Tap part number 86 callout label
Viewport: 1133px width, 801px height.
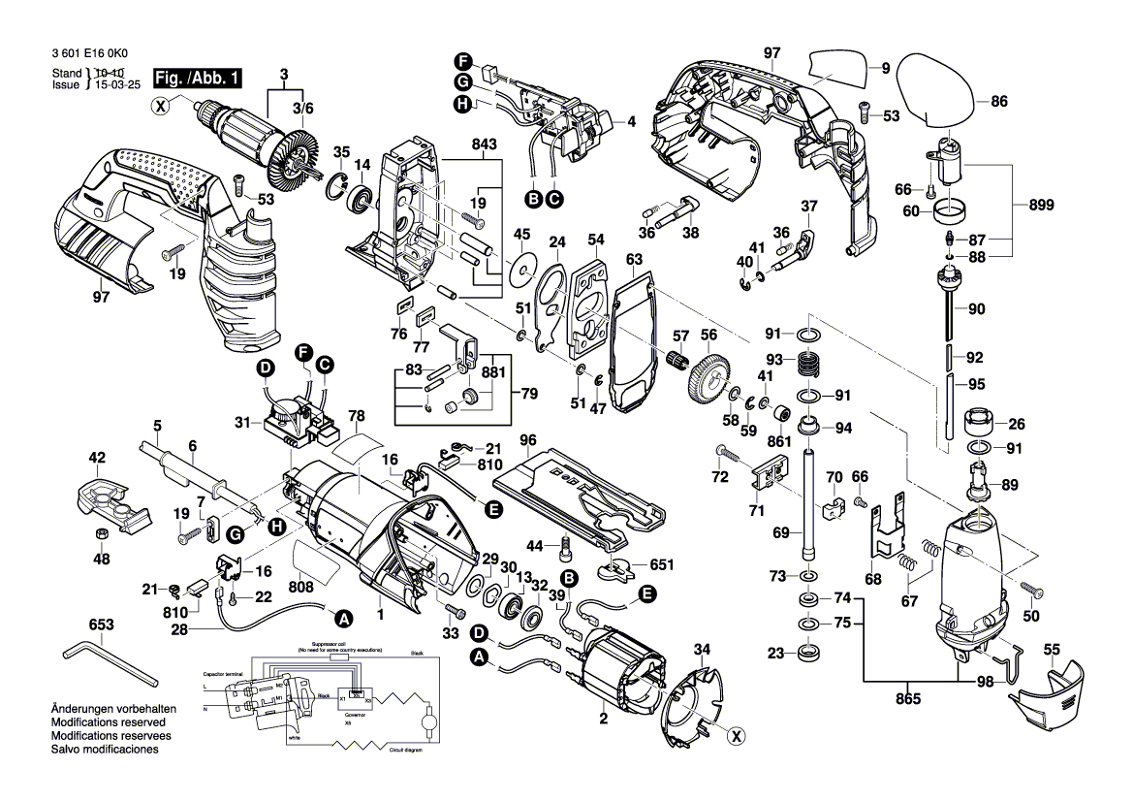(x=999, y=100)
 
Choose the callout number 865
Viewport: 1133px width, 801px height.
(x=908, y=697)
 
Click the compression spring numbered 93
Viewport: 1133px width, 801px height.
(x=807, y=367)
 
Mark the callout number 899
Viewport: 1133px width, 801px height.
(x=1040, y=206)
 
